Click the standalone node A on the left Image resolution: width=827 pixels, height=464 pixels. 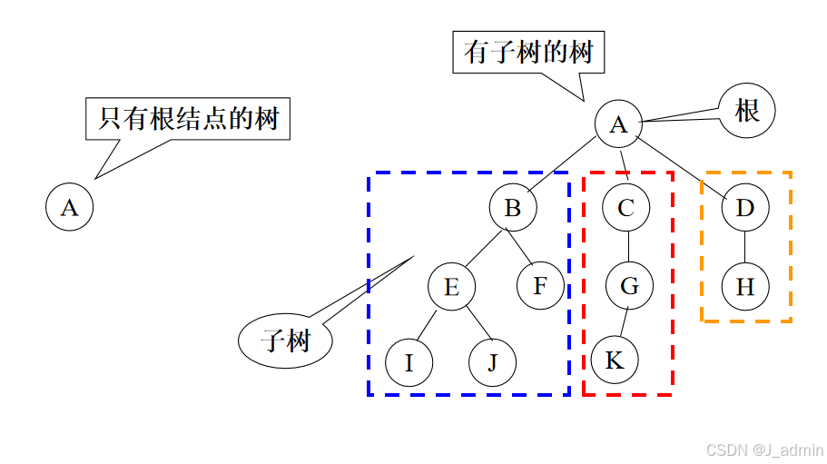pos(70,207)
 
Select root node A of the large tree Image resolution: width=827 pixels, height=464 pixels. pos(618,123)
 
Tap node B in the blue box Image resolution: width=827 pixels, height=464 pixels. pos(513,208)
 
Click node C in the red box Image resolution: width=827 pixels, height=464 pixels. pos(625,208)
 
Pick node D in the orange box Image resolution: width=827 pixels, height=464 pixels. pos(745,208)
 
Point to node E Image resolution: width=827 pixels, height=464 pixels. pos(452,287)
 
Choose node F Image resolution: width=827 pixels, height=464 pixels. pos(540,286)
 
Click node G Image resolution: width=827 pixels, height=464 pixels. pos(629,286)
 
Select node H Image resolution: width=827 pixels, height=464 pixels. pos(745,287)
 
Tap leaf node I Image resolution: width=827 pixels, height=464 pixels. pos(409,363)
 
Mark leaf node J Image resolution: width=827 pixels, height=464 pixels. pos(493,363)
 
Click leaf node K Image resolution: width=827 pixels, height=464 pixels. pos(615,360)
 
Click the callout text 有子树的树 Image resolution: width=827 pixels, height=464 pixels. pos(528,52)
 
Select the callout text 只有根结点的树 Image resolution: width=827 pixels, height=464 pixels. pos(188,118)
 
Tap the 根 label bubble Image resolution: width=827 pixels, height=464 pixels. pos(747,112)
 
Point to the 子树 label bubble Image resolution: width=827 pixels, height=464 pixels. pos(286,341)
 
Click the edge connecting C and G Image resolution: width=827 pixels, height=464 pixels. pos(628,247)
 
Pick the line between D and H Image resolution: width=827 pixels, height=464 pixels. pos(745,247)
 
